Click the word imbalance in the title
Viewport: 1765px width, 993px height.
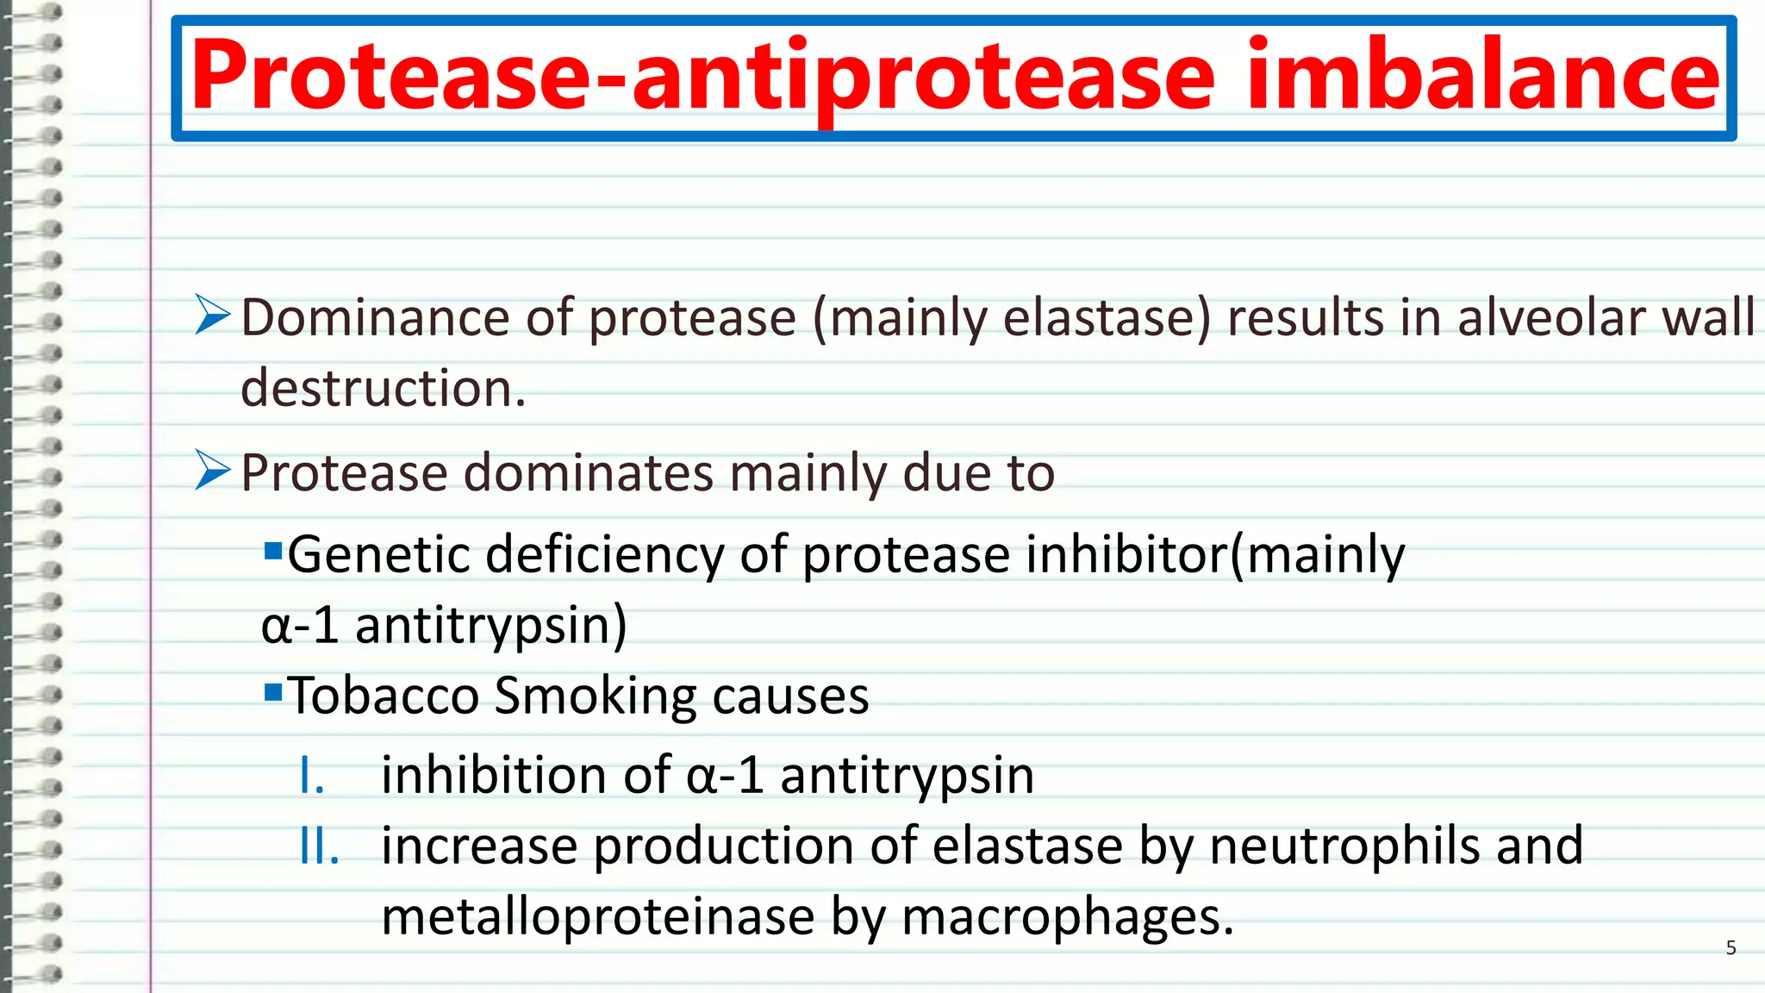1482,76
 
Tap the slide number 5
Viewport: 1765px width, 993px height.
1731,948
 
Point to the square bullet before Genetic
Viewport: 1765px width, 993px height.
273,550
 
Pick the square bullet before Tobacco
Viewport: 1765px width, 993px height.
273,691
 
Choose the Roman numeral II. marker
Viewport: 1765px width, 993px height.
319,846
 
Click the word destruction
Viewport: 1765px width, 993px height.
383,388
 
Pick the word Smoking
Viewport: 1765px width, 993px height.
596,696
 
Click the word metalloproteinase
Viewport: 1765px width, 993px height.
597,916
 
